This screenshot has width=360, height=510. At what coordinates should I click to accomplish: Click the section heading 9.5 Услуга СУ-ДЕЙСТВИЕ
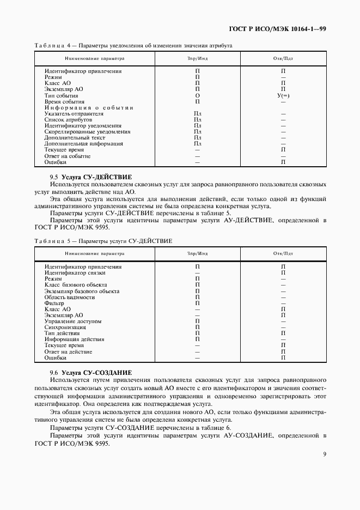coord(90,178)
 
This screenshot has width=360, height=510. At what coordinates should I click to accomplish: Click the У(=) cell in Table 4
coord(283,95)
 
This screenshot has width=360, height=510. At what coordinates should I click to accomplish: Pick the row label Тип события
coord(61,95)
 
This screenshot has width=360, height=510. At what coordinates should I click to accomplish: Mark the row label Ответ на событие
coord(68,156)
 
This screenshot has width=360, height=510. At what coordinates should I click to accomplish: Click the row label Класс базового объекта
coord(76,284)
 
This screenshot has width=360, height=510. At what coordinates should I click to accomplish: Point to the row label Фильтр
coord(54,303)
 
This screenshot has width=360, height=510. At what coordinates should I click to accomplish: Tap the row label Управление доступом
coord(73,321)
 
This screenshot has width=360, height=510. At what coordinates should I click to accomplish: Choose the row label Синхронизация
coord(65,327)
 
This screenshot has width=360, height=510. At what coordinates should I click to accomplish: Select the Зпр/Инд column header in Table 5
coord(197,254)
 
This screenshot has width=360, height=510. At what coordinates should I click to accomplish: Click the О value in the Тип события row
coord(197,95)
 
